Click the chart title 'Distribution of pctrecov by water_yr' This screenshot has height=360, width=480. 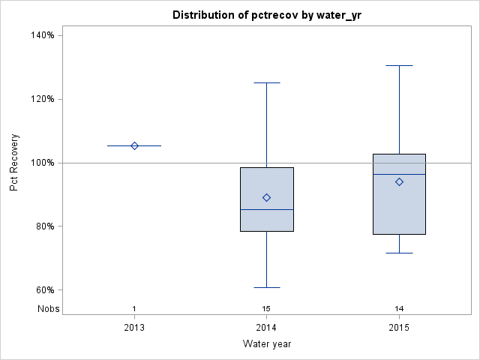(266, 15)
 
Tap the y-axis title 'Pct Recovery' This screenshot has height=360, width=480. (14, 162)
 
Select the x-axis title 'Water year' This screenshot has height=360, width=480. (266, 343)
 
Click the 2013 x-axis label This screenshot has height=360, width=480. (134, 328)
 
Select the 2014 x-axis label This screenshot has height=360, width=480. (266, 328)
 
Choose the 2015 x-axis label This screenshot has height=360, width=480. (399, 328)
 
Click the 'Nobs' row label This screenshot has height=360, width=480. (47, 308)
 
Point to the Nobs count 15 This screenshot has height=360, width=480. (266, 308)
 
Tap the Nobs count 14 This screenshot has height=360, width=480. (399, 308)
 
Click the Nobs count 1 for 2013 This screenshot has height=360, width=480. (134, 308)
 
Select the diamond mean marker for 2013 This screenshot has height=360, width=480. (134, 145)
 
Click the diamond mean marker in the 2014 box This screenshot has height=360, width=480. (266, 197)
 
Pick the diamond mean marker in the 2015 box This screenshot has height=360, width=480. (399, 181)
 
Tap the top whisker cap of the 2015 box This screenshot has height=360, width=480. (399, 66)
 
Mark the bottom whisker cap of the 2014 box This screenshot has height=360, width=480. (266, 287)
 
